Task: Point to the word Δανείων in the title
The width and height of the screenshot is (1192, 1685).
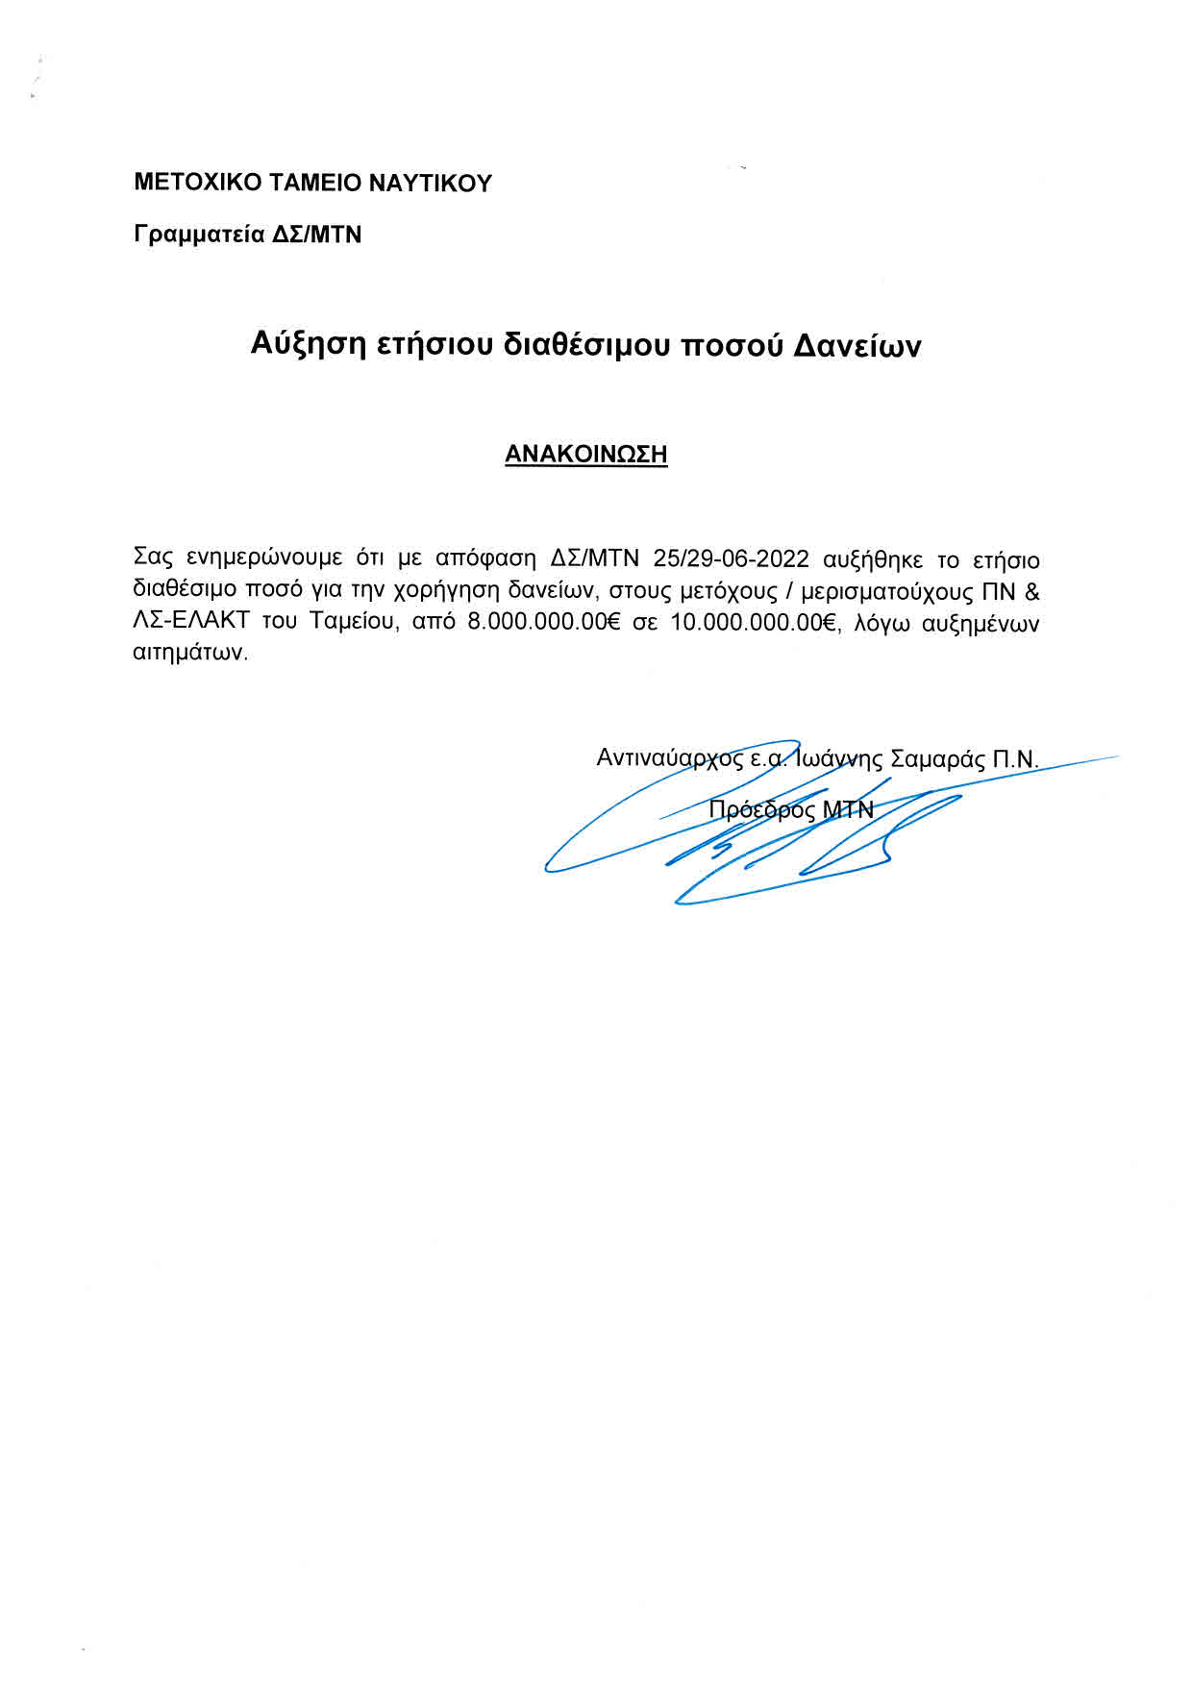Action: pyautogui.click(x=857, y=345)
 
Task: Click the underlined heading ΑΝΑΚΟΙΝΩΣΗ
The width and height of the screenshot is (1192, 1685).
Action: pyautogui.click(x=586, y=455)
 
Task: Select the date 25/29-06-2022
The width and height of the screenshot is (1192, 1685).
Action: pyautogui.click(x=731, y=559)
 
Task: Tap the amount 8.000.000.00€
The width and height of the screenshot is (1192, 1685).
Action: pyautogui.click(x=543, y=622)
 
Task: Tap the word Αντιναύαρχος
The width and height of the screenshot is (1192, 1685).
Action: pyautogui.click(x=670, y=758)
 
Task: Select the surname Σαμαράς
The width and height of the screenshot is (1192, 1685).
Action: pyautogui.click(x=937, y=758)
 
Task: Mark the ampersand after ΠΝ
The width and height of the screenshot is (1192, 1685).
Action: pyautogui.click(x=1031, y=590)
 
